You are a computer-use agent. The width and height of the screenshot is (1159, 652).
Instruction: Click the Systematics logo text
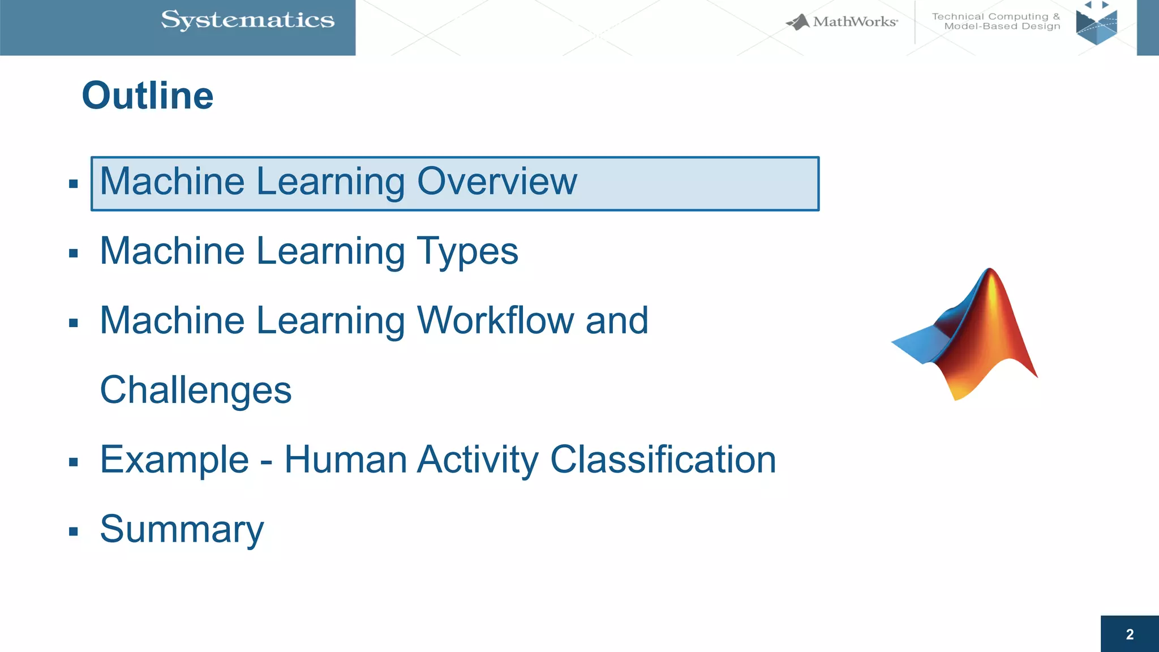(247, 20)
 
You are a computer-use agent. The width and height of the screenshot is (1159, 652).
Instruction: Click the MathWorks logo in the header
(842, 22)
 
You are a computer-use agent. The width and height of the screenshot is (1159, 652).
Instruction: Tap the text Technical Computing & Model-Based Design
(996, 22)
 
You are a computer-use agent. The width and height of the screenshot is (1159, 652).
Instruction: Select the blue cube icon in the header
(1097, 25)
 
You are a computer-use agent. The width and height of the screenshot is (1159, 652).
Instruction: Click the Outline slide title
(148, 95)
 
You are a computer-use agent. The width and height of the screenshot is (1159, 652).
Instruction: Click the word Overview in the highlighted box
(497, 182)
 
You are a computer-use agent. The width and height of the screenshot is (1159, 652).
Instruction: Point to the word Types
(467, 251)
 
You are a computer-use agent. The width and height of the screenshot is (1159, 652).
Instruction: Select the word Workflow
(496, 320)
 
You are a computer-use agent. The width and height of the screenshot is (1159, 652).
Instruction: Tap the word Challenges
(195, 391)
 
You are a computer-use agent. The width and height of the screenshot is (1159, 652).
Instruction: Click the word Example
(174, 459)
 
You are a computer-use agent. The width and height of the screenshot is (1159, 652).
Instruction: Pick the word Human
(345, 459)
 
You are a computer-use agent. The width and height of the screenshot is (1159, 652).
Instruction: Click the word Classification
(663, 459)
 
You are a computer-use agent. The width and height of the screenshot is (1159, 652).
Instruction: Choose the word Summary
(182, 529)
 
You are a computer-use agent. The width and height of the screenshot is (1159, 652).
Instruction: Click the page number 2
(1130, 634)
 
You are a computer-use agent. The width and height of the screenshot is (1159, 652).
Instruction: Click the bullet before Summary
(73, 531)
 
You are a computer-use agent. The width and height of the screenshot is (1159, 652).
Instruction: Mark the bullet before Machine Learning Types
(73, 254)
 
